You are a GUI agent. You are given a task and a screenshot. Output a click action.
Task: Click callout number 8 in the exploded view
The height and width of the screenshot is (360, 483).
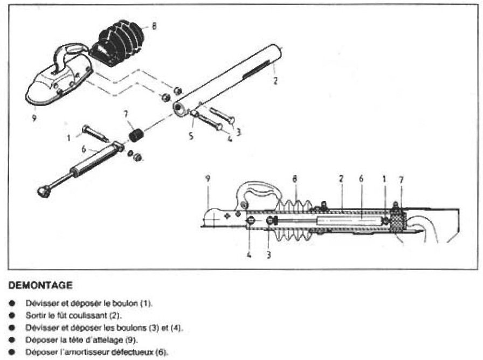pyautogui.click(x=154, y=25)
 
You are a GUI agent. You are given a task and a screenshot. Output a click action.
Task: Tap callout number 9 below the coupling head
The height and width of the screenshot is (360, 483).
pyautogui.click(x=33, y=117)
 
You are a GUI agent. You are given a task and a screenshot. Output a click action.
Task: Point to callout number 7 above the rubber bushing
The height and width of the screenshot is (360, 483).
pyautogui.click(x=126, y=115)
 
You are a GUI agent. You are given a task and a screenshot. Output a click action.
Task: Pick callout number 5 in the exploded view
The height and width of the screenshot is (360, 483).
pyautogui.click(x=191, y=136)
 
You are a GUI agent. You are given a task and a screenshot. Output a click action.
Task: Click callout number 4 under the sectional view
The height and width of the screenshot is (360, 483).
pyautogui.click(x=249, y=255)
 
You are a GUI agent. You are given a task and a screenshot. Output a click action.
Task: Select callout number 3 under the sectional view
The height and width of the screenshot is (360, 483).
pyautogui.click(x=268, y=255)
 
